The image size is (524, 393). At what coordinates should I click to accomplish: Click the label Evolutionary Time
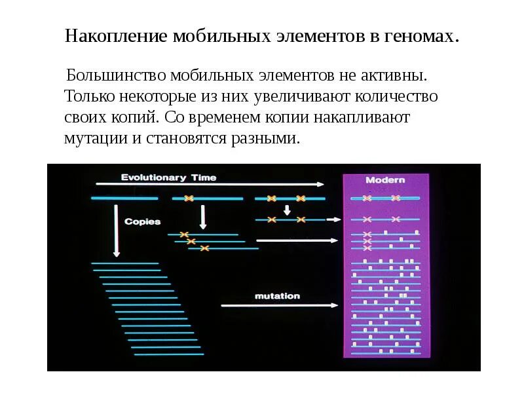[168, 178]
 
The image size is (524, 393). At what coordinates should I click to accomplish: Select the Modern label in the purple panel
[385, 180]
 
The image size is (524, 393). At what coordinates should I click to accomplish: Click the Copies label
[143, 221]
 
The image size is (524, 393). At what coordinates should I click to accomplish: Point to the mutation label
[277, 296]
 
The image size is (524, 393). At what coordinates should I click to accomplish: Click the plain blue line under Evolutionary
[124, 198]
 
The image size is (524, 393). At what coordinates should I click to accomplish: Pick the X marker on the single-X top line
[189, 198]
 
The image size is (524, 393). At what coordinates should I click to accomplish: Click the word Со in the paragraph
[174, 118]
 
